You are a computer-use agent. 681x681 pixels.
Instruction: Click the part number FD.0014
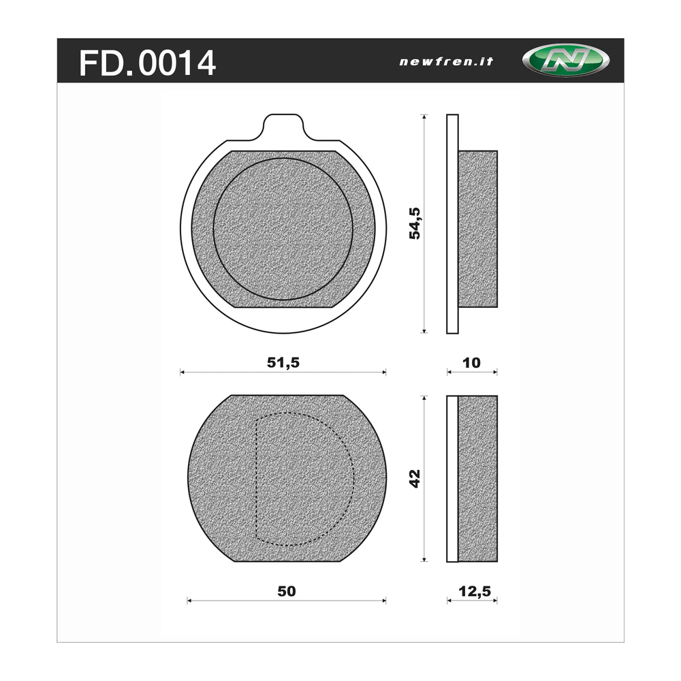147,63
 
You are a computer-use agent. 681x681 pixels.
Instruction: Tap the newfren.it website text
446,62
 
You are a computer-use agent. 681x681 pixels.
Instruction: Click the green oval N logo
565,61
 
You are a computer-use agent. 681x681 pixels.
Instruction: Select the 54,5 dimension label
415,223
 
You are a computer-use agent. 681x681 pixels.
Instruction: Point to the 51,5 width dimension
283,362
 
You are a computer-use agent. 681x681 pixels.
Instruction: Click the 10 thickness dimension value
472,363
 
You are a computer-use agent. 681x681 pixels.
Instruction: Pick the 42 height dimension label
415,479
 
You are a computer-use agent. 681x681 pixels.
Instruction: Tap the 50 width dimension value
287,591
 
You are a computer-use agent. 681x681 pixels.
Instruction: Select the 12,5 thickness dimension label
475,591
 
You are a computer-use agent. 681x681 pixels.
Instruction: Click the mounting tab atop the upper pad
283,127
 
